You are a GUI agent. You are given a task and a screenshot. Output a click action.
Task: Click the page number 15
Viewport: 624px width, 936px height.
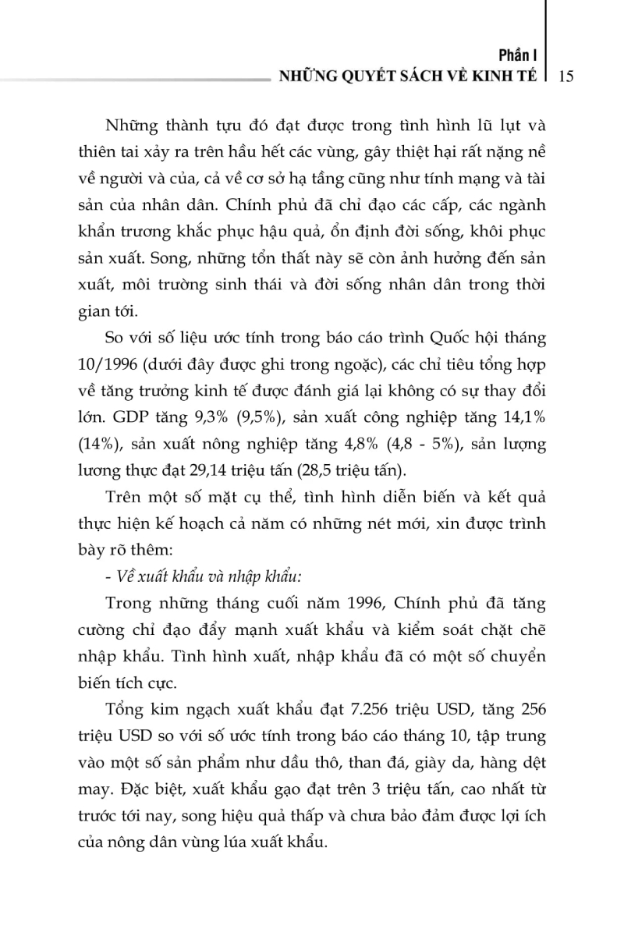[x=567, y=76]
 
